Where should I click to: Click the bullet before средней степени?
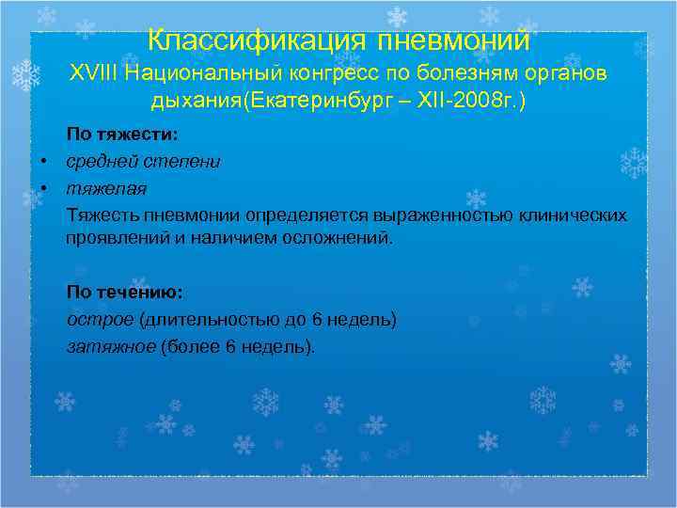coord(44,162)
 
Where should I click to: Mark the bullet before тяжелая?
coord(44,188)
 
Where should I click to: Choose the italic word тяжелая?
coord(105,188)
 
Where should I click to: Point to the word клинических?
coord(574,214)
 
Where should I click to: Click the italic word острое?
coord(92,319)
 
